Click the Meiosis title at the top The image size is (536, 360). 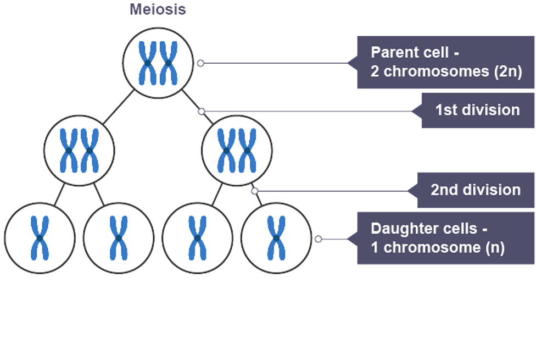point(158,9)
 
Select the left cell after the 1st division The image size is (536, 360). point(80,149)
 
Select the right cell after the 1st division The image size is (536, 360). point(237,149)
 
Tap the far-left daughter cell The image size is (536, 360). point(40,237)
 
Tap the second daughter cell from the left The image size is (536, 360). point(118,237)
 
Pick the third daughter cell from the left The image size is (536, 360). point(197,237)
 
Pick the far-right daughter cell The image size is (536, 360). point(276,237)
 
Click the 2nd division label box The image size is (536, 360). point(475,190)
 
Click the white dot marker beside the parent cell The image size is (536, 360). point(201,63)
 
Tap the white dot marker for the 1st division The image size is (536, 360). point(202,111)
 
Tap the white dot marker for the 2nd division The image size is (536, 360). point(254,191)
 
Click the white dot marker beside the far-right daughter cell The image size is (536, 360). point(318,239)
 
